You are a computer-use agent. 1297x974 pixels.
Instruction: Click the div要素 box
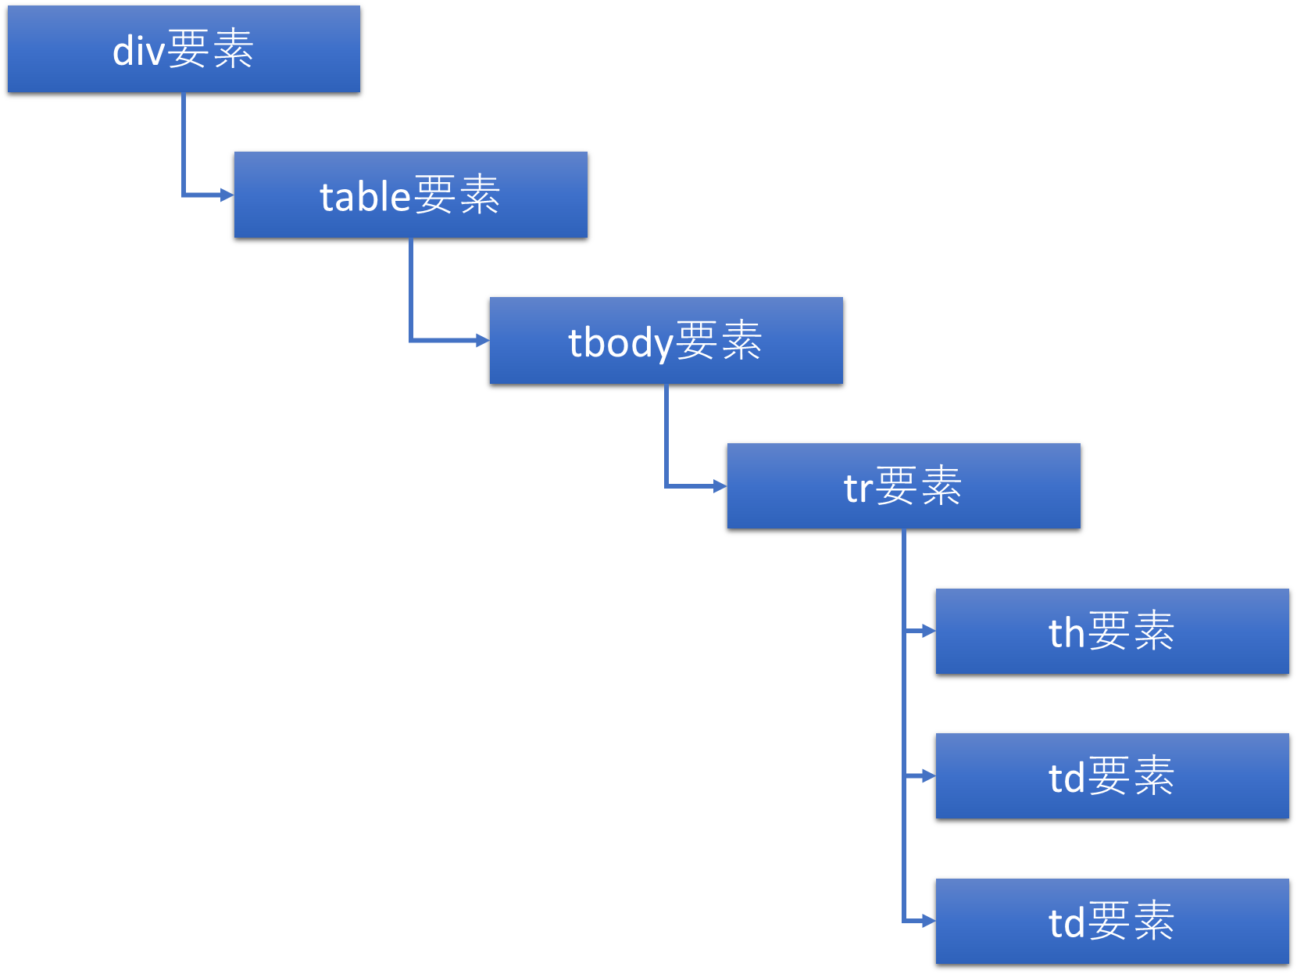click(x=184, y=49)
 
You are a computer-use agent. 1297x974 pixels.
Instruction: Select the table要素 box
click(x=410, y=195)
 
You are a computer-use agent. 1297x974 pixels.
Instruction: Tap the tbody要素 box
click(x=666, y=341)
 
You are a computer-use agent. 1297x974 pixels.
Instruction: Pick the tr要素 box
click(x=903, y=486)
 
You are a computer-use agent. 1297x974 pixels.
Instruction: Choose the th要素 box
click(x=1112, y=632)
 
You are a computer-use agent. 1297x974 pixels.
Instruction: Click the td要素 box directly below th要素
click(x=1112, y=776)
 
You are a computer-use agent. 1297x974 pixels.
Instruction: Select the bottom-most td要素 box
click(x=1112, y=922)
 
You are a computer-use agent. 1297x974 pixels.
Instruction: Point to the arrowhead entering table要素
click(x=227, y=195)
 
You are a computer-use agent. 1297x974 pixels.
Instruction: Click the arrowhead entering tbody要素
click(x=483, y=340)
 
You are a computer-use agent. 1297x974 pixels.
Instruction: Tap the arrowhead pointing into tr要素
click(x=720, y=486)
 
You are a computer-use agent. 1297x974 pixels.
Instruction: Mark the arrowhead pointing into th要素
click(x=929, y=631)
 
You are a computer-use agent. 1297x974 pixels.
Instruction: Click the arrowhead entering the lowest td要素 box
click(x=929, y=922)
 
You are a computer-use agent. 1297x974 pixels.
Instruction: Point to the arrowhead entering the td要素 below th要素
click(x=929, y=776)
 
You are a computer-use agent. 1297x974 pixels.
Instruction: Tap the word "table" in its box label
click(x=365, y=196)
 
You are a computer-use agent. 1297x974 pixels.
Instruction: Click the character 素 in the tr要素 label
click(x=941, y=486)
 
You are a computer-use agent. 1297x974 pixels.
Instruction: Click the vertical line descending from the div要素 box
click(x=184, y=141)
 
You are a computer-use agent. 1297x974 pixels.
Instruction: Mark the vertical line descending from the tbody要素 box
click(x=666, y=434)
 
